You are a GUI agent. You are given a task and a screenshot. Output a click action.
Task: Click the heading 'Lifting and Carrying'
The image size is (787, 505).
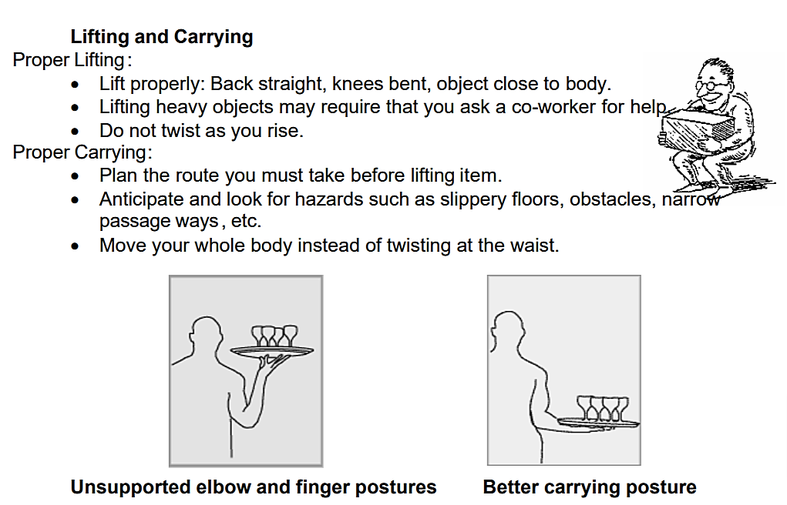[162, 37]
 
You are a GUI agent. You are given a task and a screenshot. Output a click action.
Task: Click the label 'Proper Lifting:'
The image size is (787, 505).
[72, 60]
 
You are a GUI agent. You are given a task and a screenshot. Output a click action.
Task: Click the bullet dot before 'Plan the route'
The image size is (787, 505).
[75, 176]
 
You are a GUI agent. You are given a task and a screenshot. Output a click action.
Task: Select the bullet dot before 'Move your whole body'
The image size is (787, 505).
[75, 246]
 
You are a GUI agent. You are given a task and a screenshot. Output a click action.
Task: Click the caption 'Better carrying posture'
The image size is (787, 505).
[590, 487]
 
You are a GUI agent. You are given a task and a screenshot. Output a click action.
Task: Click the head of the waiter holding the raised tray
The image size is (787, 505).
[205, 335]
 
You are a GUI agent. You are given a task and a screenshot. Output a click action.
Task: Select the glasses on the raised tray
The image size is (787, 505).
[274, 336]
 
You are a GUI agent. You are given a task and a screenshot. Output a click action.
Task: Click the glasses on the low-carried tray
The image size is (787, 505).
[602, 408]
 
